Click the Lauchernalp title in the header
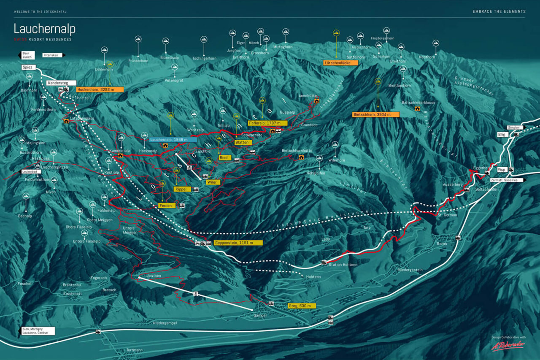click(x=44, y=29)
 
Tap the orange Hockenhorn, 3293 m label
click(x=100, y=89)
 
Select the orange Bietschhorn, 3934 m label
click(x=375, y=114)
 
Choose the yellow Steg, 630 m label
click(x=302, y=306)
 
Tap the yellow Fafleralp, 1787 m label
click(x=267, y=123)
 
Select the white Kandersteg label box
click(x=61, y=83)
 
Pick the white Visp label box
click(x=502, y=170)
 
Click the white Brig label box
click(x=502, y=134)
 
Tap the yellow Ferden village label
click(x=167, y=206)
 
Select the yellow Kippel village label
click(x=182, y=189)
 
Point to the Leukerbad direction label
click(x=32, y=172)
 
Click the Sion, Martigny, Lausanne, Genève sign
click(x=38, y=331)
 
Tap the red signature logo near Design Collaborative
click(x=508, y=345)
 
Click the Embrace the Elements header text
click(x=499, y=11)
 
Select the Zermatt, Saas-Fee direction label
click(x=510, y=180)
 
